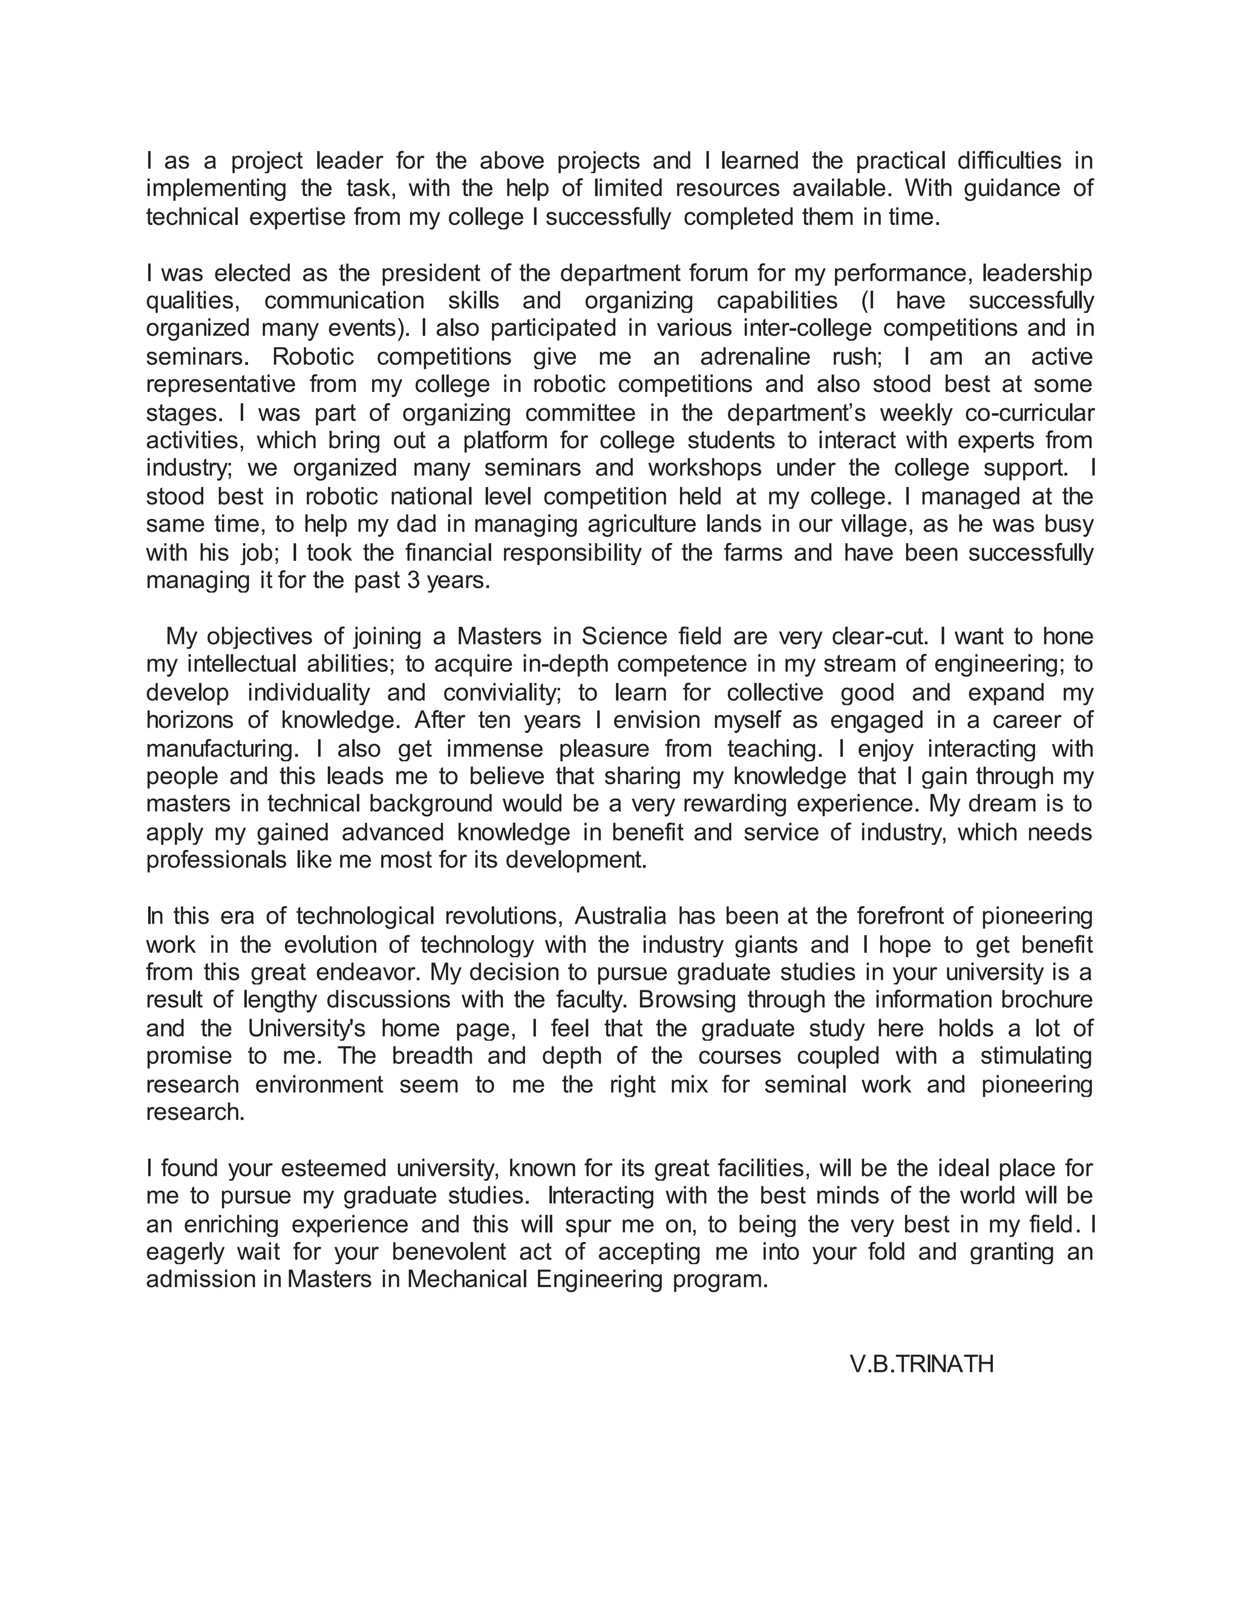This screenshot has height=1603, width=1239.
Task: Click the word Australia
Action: [x=619, y=916]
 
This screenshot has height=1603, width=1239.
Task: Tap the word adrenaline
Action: [x=760, y=357]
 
